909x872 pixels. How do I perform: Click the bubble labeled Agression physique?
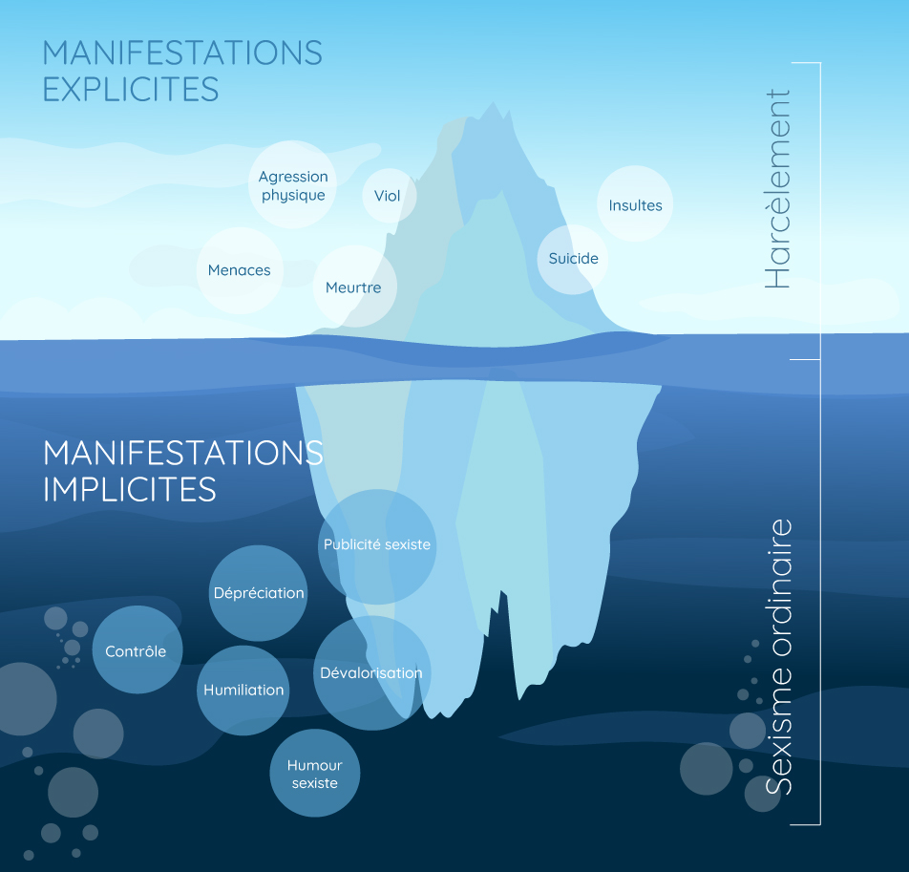tap(293, 185)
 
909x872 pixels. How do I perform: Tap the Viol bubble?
tap(388, 196)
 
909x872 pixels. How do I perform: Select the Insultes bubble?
tap(635, 205)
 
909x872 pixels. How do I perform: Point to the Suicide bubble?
tap(573, 258)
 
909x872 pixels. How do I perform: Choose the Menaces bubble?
tap(240, 270)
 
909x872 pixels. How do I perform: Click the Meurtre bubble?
tap(353, 287)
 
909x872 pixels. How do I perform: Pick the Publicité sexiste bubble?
tap(377, 544)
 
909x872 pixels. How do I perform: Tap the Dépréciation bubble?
tap(258, 593)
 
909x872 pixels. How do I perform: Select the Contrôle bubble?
tap(137, 650)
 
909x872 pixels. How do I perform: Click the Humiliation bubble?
tap(243, 690)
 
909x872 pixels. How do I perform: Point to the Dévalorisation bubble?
tap(370, 672)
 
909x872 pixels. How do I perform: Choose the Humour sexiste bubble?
tap(314, 774)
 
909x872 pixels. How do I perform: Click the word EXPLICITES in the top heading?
tap(131, 89)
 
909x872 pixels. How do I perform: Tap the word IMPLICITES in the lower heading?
tap(130, 488)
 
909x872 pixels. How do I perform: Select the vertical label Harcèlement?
tap(777, 189)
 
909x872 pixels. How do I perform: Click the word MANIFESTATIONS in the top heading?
tap(182, 52)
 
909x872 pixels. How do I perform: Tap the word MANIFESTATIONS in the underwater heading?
tap(183, 452)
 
